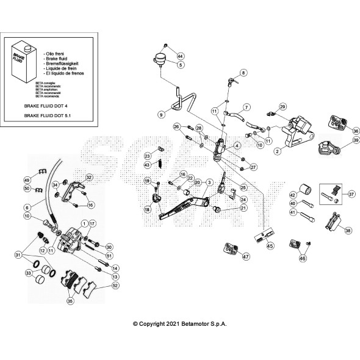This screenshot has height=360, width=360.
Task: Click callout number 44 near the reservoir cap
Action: pos(180,57)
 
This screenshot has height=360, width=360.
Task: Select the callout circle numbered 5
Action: pos(180,65)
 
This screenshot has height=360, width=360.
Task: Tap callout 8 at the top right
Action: pos(243,73)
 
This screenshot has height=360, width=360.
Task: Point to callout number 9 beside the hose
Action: pos(161,114)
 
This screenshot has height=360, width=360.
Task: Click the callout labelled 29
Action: pos(283,107)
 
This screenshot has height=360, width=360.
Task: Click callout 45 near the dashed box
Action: pos(270,247)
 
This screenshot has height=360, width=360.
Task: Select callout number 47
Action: pos(245,257)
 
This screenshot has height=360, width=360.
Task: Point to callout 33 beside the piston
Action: pos(28,274)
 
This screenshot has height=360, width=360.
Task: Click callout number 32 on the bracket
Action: pos(89,178)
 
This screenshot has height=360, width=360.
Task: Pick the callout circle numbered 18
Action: pos(147,209)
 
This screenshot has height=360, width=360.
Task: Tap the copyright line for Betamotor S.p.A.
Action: pos(180,325)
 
